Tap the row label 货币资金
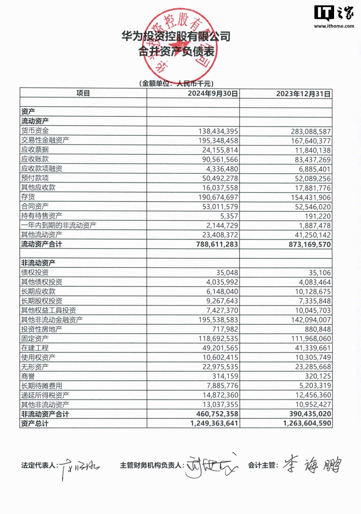[x=35, y=131]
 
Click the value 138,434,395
[x=217, y=131]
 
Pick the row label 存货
[x=28, y=197]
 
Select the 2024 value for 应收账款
[x=219, y=159]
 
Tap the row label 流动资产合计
[x=45, y=245]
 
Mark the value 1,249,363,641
[x=213, y=424]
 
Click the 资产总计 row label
[x=35, y=424]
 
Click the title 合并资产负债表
[x=175, y=51]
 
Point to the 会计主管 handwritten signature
[x=310, y=464]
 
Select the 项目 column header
[x=83, y=93]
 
